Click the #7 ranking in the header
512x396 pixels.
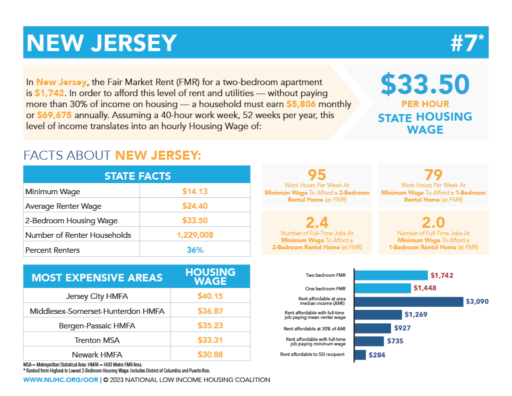(467, 43)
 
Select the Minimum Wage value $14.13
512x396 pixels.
(195, 191)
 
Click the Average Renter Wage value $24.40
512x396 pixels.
(195, 206)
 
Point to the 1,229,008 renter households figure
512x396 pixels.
(195, 235)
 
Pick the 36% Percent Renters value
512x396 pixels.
(195, 249)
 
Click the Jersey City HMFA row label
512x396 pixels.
(97, 296)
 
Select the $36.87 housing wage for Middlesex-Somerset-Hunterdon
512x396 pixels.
(210, 311)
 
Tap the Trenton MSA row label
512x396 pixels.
(97, 340)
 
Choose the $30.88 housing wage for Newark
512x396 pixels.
(210, 354)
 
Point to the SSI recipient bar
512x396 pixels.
(360, 355)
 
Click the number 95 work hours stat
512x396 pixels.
(317, 175)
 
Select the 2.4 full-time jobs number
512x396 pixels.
(317, 222)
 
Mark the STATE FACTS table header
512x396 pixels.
(137, 176)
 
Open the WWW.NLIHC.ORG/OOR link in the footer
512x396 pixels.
(60, 380)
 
